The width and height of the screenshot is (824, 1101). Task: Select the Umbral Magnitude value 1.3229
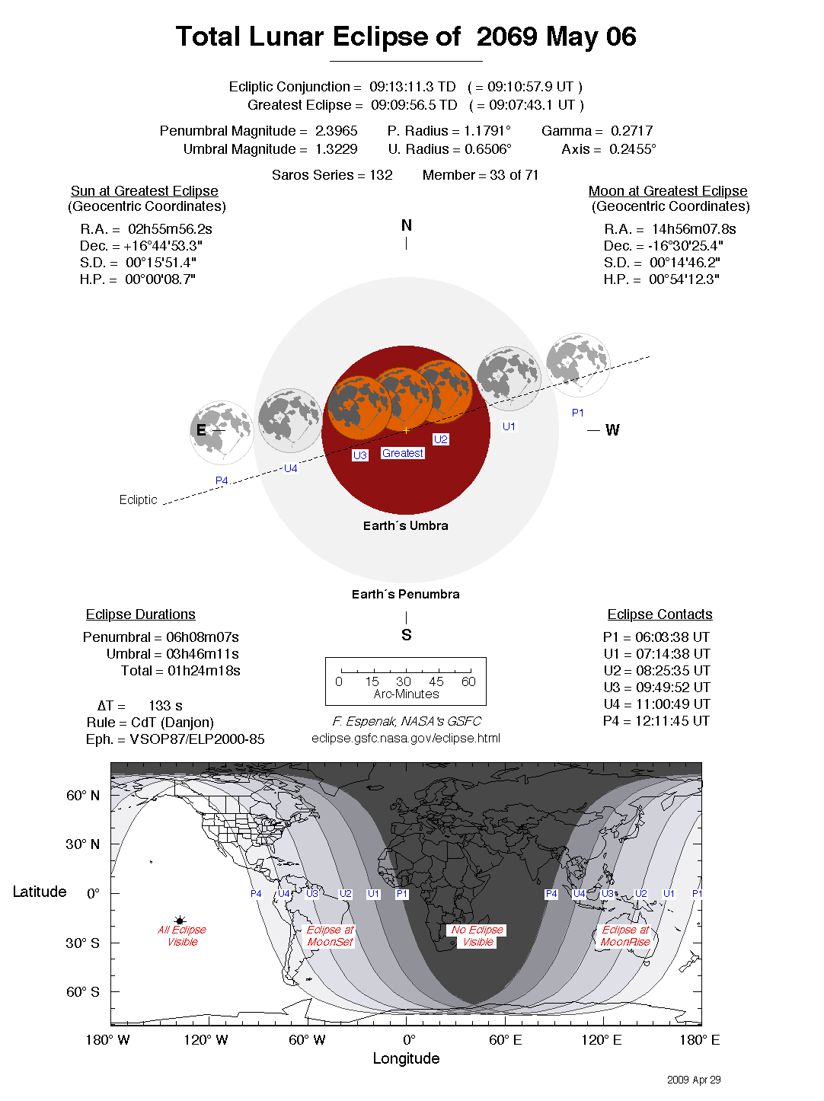point(336,149)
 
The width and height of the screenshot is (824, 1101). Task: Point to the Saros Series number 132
point(381,175)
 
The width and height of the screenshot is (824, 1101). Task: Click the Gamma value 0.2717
point(631,131)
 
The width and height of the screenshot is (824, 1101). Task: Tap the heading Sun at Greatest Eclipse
point(145,191)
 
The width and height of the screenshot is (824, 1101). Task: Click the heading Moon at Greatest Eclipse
point(668,191)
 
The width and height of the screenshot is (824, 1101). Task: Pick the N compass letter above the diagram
point(407,225)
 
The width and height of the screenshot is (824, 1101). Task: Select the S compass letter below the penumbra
point(407,635)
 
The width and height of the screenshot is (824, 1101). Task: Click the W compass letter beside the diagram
point(612,430)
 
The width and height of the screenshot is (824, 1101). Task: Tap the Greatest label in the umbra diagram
point(403,453)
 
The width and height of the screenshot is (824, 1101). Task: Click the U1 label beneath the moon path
point(509,426)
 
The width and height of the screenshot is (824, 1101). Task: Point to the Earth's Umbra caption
point(406,525)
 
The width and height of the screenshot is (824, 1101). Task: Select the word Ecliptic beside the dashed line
point(138,499)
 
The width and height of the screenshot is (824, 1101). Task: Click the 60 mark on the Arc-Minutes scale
point(468,681)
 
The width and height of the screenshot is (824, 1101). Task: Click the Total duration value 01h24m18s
point(204,671)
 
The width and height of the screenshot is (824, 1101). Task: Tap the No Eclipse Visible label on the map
point(477,936)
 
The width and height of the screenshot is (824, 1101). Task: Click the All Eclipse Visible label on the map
point(182,936)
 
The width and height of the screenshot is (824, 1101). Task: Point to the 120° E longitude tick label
point(602,1040)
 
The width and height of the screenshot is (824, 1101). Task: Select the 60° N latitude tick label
point(82,796)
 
